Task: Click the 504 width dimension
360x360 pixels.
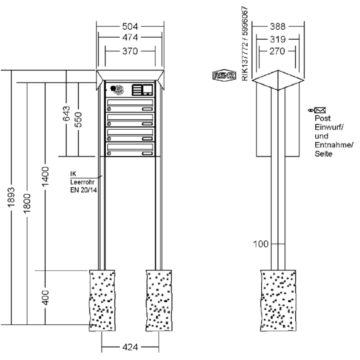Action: pyautogui.click(x=130, y=26)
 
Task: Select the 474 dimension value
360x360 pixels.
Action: pyautogui.click(x=130, y=37)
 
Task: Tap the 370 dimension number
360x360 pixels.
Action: pyautogui.click(x=130, y=51)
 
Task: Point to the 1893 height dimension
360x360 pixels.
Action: pyautogui.click(x=11, y=197)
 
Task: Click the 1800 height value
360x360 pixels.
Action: pyautogui.click(x=27, y=203)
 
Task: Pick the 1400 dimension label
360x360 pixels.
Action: pyautogui.click(x=45, y=176)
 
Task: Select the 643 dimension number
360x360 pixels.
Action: pyautogui.click(x=66, y=113)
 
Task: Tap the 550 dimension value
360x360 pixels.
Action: pyautogui.click(x=78, y=119)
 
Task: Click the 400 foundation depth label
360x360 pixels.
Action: pyautogui.click(x=46, y=297)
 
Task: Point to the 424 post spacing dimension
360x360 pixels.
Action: pyautogui.click(x=130, y=347)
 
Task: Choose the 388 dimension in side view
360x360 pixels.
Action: pyautogui.click(x=277, y=26)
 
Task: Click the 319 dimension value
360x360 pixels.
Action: pyautogui.click(x=277, y=39)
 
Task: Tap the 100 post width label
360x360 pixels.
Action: pyautogui.click(x=261, y=244)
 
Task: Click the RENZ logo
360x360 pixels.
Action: pyautogui.click(x=224, y=75)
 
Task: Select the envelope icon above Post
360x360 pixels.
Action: pyautogui.click(x=320, y=110)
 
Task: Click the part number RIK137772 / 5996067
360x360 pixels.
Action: pyautogui.click(x=245, y=44)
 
